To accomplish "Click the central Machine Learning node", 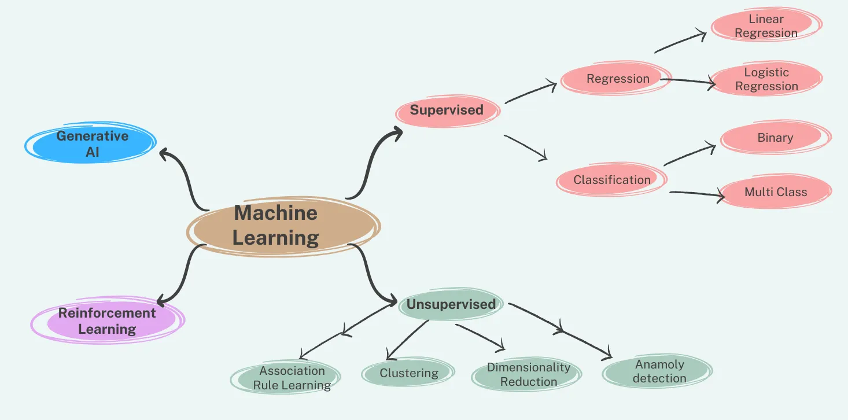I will click(x=276, y=226).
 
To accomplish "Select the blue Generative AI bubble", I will click(x=91, y=143).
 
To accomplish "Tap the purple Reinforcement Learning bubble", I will click(x=108, y=321).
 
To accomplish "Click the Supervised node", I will click(x=447, y=110).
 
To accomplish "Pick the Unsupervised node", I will click(x=451, y=304).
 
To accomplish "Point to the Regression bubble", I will click(x=617, y=79).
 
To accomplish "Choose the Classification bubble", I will click(x=611, y=180).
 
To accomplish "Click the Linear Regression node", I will click(x=766, y=27).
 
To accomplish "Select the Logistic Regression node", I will click(x=766, y=79).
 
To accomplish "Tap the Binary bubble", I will click(x=775, y=138).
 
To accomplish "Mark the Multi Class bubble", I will click(x=775, y=192).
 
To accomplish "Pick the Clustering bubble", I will click(x=408, y=373).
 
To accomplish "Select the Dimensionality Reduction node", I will click(x=528, y=375).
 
